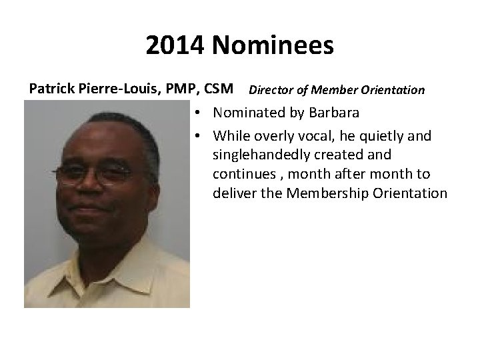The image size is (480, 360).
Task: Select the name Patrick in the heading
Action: click(51, 89)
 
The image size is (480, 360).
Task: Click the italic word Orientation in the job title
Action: click(393, 89)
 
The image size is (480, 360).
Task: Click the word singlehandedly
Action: click(261, 155)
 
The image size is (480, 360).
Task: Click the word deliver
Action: click(233, 193)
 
